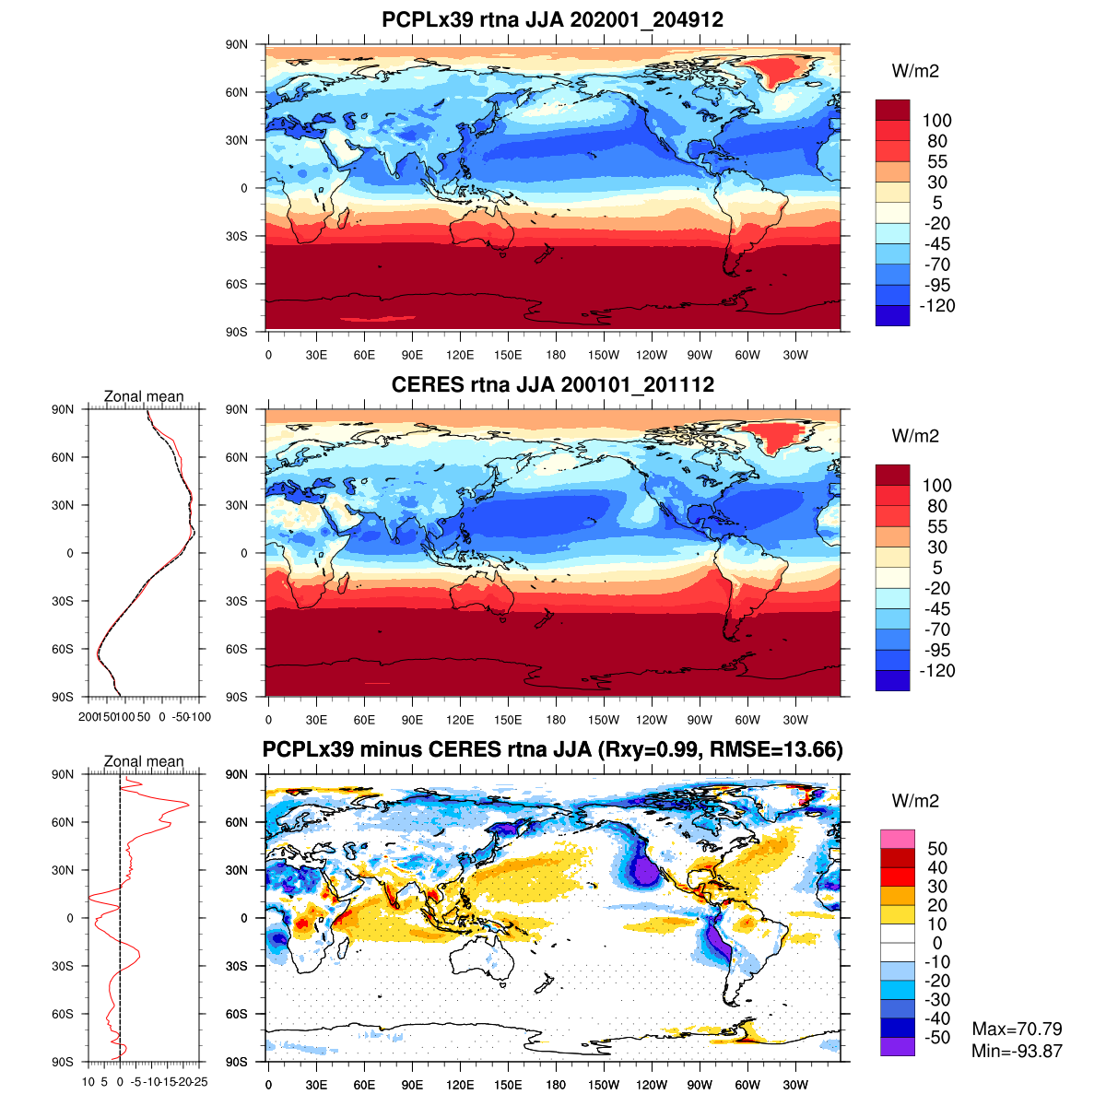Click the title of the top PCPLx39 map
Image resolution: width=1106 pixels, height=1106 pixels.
click(553, 19)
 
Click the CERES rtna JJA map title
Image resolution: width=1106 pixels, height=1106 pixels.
click(553, 384)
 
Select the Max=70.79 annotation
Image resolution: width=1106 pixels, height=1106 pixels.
click(1017, 1029)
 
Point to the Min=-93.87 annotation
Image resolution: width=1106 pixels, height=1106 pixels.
click(1017, 1051)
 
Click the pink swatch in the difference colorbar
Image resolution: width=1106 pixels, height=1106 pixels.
click(897, 839)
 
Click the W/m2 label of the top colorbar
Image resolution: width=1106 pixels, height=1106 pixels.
click(915, 71)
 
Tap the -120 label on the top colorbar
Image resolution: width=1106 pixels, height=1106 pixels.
click(937, 306)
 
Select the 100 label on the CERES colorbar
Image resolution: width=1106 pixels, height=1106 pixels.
click(937, 486)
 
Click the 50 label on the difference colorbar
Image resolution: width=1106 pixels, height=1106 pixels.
click(937, 849)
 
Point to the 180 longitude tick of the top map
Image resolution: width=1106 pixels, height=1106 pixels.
click(556, 355)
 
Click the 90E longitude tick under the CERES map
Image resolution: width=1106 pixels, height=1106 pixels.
click(412, 720)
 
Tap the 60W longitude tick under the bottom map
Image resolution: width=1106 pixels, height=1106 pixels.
click(747, 1085)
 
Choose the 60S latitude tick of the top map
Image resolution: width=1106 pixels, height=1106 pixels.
click(238, 284)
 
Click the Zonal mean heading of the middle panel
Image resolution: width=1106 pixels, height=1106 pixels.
click(144, 396)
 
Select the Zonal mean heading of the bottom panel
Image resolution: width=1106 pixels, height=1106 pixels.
click(144, 761)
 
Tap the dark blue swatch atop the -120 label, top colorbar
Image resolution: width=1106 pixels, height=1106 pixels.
click(892, 315)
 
